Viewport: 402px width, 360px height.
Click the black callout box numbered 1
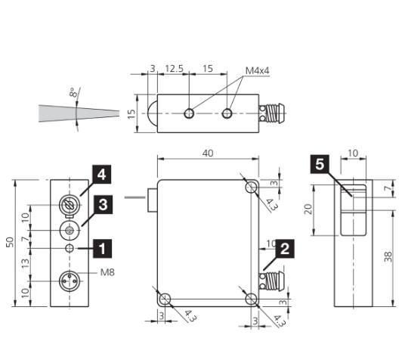[x=102, y=249]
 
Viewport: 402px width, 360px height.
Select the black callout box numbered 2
[x=285, y=249]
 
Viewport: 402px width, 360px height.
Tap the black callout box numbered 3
[x=103, y=205]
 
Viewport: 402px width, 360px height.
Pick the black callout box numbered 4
[x=101, y=175]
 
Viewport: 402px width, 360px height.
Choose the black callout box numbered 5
[x=320, y=164]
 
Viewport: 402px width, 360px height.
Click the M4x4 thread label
[x=257, y=70]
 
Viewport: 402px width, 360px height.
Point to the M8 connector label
[x=107, y=272]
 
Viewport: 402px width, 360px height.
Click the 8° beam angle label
[x=73, y=92]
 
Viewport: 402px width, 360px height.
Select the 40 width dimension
[x=208, y=154]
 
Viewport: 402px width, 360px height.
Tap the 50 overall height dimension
[x=10, y=242]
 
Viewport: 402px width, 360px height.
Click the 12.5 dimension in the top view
[x=175, y=69]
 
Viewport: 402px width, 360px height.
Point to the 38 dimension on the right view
[x=388, y=256]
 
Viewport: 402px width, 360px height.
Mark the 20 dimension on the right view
[x=309, y=209]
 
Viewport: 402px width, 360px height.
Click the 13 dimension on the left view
[x=25, y=263]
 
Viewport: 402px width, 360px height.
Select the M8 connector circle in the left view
[x=70, y=281]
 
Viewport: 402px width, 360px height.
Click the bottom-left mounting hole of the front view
[x=165, y=299]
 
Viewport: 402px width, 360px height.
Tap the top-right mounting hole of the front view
[x=252, y=187]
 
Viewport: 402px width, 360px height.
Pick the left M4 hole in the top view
[x=189, y=113]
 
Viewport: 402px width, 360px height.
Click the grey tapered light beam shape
[x=79, y=113]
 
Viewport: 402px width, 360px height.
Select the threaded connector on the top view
[x=272, y=113]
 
